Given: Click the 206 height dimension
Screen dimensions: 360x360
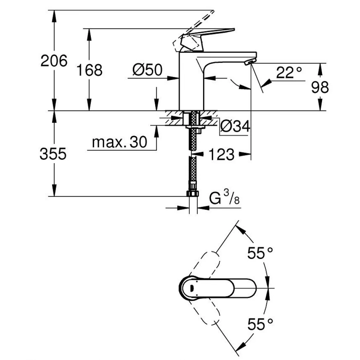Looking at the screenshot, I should pos(54,61).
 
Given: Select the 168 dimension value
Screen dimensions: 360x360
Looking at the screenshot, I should pos(90,70).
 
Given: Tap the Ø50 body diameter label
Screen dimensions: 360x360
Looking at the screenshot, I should pos(147,70).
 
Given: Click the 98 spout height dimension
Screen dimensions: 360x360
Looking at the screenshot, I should pos(320,88).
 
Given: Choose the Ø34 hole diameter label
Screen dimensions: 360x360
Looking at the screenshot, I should pos(235,126).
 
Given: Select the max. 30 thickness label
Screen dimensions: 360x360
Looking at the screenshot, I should pos(119,143).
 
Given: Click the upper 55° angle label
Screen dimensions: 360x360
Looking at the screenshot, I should pos(260,254).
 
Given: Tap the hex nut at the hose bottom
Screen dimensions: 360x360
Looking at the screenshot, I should pos(192,193).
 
